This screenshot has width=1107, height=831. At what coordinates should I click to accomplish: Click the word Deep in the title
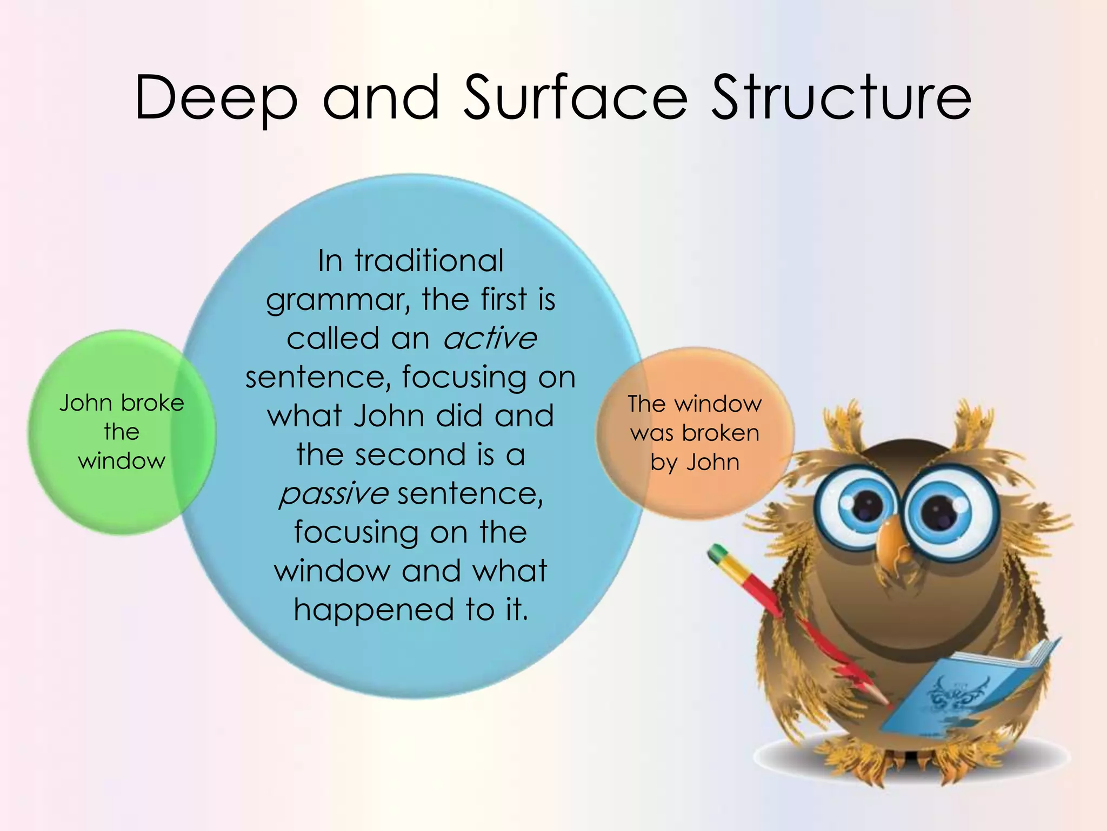(x=215, y=98)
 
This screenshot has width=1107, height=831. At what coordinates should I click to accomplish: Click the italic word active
(x=490, y=339)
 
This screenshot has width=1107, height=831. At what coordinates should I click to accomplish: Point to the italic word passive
(x=334, y=493)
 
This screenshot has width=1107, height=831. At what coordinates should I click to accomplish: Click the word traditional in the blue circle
(x=429, y=261)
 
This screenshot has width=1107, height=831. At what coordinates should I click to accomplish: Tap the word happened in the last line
(x=374, y=610)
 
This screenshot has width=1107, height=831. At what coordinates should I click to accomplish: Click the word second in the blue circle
(x=409, y=454)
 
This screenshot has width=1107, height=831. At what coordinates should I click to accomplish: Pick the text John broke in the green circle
(x=122, y=403)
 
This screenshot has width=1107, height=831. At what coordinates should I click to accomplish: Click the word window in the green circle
(x=122, y=461)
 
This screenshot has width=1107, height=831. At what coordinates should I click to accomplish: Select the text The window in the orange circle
(x=695, y=404)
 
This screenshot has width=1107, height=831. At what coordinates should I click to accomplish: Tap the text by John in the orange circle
(x=695, y=463)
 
